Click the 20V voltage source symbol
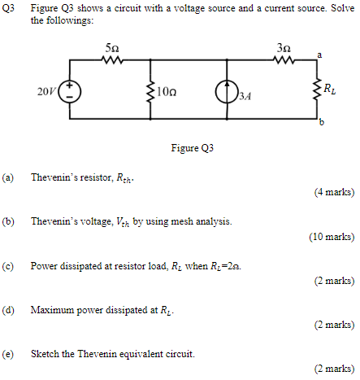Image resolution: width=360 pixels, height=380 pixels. coord(70,90)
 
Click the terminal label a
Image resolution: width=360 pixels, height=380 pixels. coord(319,54)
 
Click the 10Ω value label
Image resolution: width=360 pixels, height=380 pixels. coord(167,90)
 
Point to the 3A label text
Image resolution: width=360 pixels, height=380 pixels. coord(245,96)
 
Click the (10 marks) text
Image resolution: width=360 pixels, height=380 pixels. coord(331,237)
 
